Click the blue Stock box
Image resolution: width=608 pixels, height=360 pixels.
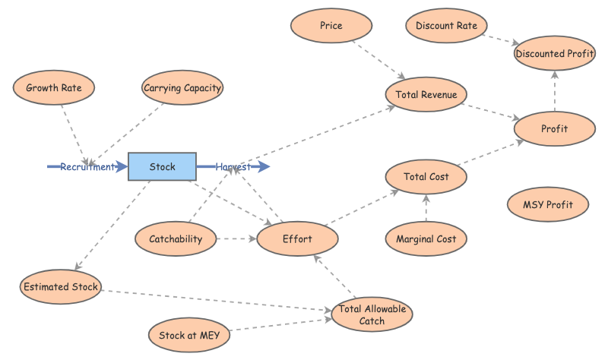coord(162,167)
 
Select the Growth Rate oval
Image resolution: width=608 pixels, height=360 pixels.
coord(54,87)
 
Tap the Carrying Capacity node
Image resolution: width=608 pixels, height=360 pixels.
coord(182,87)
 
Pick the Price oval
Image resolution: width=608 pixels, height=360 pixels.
coord(331,26)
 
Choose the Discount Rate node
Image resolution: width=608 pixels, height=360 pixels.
coord(447,26)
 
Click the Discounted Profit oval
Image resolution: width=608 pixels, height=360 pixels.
coord(555,53)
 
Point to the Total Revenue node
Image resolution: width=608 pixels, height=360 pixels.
coord(426,94)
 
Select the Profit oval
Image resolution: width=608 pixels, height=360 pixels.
coord(554,128)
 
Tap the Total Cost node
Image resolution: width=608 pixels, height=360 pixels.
coord(426,177)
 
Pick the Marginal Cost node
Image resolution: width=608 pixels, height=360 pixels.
coord(426,239)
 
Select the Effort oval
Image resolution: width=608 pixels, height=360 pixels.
coord(297,239)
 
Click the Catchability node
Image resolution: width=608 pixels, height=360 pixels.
coord(176,239)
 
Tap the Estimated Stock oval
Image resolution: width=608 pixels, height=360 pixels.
coord(61,286)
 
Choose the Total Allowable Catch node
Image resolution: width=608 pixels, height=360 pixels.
coord(372,314)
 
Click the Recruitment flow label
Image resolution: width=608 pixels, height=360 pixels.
coord(87,167)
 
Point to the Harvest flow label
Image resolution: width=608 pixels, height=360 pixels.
coord(233,167)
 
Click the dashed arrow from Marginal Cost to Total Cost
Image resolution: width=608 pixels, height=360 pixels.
coord(426,209)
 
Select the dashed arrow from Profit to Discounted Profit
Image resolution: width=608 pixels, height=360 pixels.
coord(554,91)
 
